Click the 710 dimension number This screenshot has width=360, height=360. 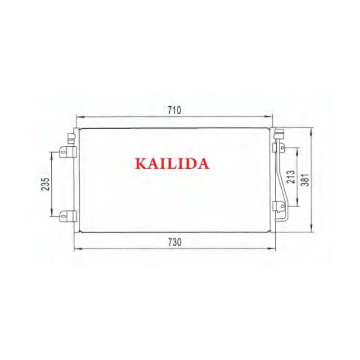[x=175, y=110]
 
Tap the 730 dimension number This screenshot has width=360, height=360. [x=175, y=242]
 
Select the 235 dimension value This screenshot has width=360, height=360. [x=45, y=184]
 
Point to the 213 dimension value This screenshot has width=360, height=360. [x=291, y=176]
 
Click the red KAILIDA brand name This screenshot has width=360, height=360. [x=172, y=163]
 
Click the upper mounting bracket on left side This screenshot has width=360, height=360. [x=67, y=152]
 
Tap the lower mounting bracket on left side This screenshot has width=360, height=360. [x=67, y=216]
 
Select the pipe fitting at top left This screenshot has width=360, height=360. [x=71, y=137]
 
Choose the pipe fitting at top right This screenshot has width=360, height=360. [x=279, y=134]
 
